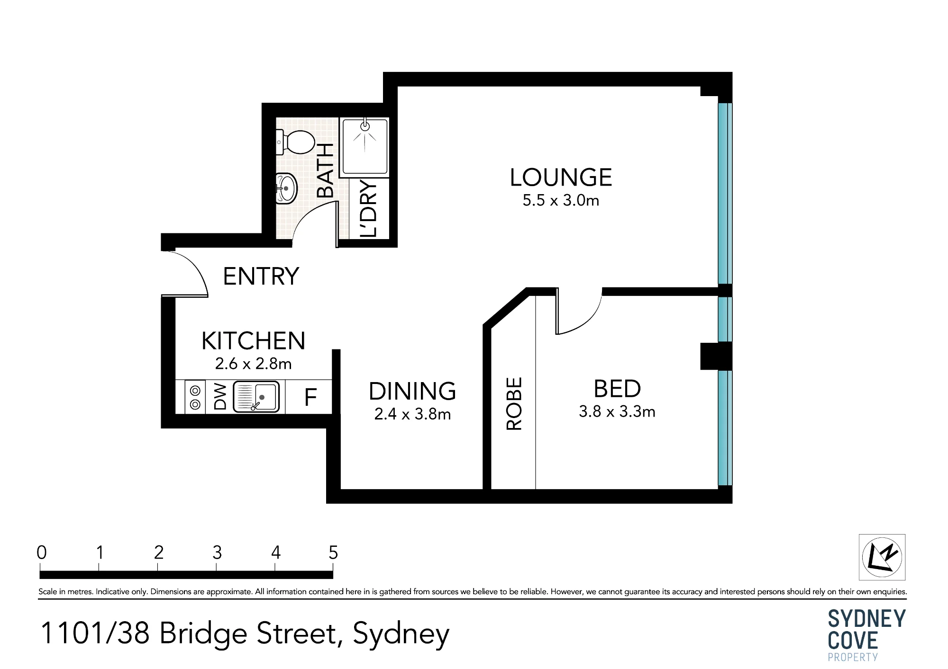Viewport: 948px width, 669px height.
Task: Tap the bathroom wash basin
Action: tap(286, 188)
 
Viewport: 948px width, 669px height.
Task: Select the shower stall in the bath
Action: tap(365, 147)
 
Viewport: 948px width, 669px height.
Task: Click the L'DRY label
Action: tap(368, 208)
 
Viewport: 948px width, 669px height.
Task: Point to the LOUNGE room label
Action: tap(561, 178)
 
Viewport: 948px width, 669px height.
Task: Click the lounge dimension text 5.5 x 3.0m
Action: tap(561, 201)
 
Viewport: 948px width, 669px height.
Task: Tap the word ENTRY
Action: tap(261, 276)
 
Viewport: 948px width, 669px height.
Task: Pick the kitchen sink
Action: tap(256, 396)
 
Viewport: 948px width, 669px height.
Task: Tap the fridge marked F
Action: tap(310, 397)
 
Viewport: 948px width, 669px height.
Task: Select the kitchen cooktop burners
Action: tap(195, 397)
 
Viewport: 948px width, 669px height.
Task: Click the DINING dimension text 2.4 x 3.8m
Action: tap(412, 415)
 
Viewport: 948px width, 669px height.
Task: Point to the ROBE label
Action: tap(514, 403)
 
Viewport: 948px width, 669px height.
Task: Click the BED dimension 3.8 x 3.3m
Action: tap(617, 411)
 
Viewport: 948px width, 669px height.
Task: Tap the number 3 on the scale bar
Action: tap(217, 553)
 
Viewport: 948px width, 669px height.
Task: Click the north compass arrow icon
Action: tap(882, 557)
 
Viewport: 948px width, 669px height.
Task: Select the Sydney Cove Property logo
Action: tap(866, 635)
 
